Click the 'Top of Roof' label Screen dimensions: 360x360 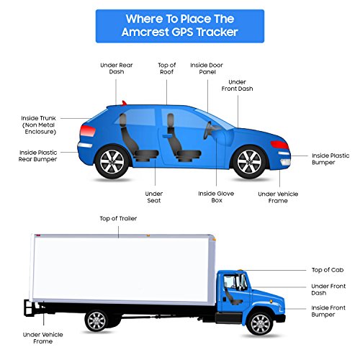[167, 68]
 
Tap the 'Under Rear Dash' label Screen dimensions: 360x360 [117, 68]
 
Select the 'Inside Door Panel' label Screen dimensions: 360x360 [207, 68]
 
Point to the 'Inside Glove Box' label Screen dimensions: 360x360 [216, 197]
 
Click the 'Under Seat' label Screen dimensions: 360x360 [154, 197]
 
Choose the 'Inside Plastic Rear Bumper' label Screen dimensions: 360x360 [38, 156]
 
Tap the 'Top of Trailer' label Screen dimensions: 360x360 [118, 218]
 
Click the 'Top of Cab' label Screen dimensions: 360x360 [328, 270]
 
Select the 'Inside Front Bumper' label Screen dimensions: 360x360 [328, 311]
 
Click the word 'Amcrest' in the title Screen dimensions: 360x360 [145, 32]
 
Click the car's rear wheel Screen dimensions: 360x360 [112, 162]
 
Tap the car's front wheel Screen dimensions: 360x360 [250, 162]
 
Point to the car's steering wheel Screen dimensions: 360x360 [207, 130]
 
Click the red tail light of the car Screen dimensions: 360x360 [88, 131]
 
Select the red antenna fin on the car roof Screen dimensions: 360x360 [124, 103]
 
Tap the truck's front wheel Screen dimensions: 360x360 [261, 324]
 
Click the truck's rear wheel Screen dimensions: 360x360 [96, 321]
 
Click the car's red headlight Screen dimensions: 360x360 [279, 145]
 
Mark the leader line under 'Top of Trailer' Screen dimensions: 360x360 [118, 232]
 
